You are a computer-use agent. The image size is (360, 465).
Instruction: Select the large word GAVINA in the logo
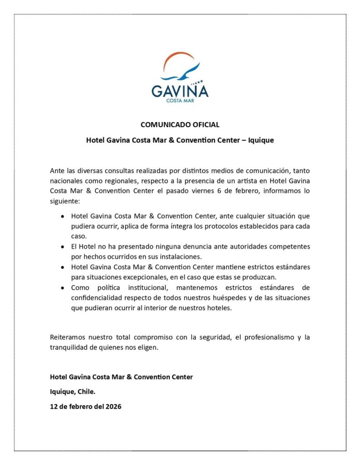[x=180, y=91]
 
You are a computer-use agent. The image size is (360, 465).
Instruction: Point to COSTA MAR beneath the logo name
[x=180, y=101]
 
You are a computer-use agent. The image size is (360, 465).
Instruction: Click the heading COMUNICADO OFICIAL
[x=180, y=124]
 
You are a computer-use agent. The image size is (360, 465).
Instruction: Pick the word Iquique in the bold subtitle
[x=261, y=140]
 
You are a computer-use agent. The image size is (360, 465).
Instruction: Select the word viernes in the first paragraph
[x=208, y=191]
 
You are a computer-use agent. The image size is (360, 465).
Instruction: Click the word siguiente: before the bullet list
[x=65, y=200]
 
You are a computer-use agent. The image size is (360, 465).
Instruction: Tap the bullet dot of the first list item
[x=62, y=217]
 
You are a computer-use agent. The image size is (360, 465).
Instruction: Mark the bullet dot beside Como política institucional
[x=62, y=287]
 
